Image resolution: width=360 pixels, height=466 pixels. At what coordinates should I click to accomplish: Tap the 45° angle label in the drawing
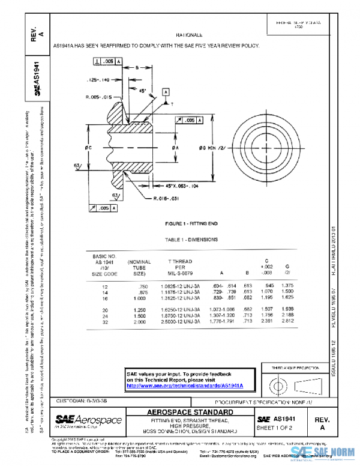[143, 91]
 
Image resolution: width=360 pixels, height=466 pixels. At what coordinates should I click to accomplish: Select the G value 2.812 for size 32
[288, 321]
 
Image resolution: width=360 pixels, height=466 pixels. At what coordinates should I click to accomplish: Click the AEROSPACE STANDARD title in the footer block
[190, 413]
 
